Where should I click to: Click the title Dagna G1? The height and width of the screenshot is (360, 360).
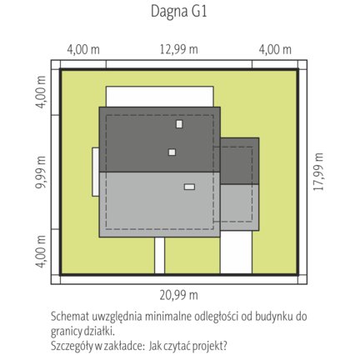[x=179, y=12]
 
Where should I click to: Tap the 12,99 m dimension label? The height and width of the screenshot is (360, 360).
[x=178, y=49]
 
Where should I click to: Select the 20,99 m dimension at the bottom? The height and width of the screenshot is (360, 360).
[x=178, y=295]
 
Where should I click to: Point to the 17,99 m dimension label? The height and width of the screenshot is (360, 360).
[x=318, y=172]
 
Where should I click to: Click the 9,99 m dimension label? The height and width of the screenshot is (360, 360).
[x=41, y=172]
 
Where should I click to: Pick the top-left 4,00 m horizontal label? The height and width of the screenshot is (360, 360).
[x=83, y=49]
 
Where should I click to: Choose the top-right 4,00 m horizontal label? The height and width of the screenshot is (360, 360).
[x=275, y=49]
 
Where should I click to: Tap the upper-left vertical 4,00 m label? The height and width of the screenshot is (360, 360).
[x=41, y=92]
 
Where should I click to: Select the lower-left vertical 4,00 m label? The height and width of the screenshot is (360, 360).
[x=41, y=252]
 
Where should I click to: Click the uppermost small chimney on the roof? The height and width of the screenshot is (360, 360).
[x=179, y=124]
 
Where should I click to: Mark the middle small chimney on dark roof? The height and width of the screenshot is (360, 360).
[x=172, y=152]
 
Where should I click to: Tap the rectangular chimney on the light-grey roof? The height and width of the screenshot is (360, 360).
[x=189, y=187]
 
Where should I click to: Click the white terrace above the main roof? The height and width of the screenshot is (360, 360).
[x=160, y=97]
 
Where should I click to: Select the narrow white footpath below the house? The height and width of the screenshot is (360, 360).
[x=159, y=255]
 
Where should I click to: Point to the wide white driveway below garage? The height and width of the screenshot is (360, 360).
[x=236, y=252]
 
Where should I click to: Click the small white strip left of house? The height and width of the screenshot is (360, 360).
[x=96, y=172]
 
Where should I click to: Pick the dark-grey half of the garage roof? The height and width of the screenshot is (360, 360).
[x=240, y=161]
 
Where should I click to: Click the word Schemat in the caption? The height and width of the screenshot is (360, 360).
[x=70, y=317]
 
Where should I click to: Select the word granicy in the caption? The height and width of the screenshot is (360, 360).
[x=66, y=332]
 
